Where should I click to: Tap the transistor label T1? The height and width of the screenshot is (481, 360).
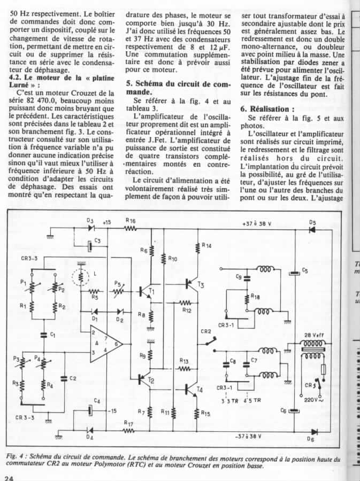[x=152, y=291]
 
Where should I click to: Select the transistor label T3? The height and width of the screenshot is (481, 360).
[x=201, y=285]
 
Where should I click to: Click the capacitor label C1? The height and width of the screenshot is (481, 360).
[x=52, y=335]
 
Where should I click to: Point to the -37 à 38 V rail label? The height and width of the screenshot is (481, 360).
[x=248, y=436]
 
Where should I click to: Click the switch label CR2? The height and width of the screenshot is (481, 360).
[x=206, y=331]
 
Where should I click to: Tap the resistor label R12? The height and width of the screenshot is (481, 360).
[x=186, y=310]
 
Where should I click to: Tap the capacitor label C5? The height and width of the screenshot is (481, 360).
[x=304, y=271]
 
